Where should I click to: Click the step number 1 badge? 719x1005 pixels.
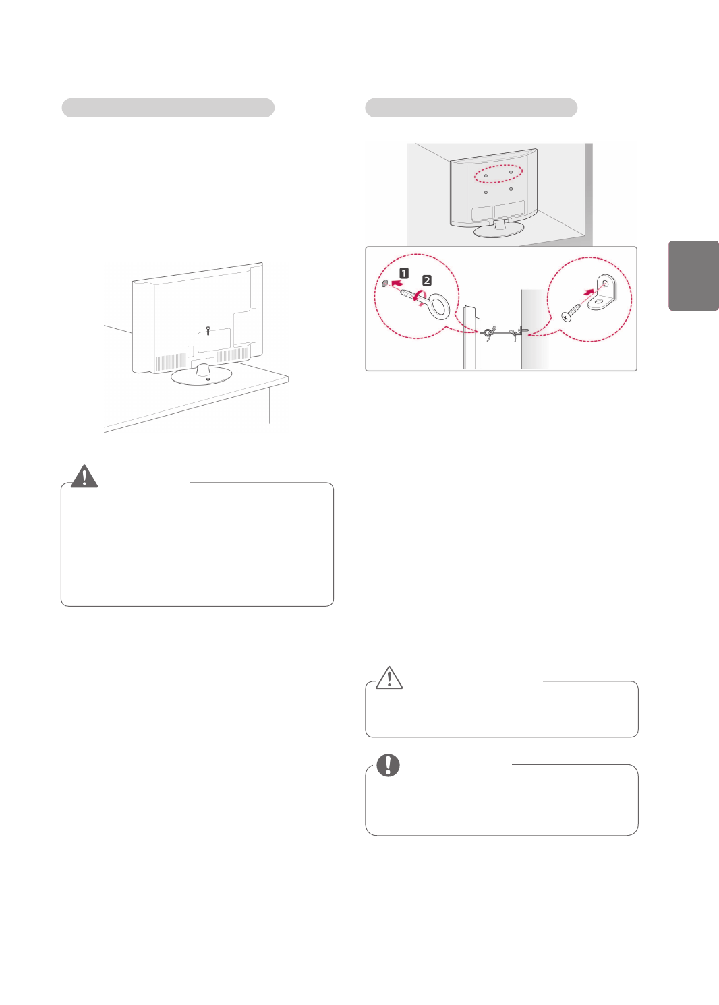404,273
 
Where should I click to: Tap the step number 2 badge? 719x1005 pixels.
426,280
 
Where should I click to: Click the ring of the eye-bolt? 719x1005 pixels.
439,306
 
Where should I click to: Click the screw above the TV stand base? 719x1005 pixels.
208,330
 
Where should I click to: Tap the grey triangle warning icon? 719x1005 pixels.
84,477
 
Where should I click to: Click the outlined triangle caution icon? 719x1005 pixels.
389,677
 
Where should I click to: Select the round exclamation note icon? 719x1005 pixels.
388,765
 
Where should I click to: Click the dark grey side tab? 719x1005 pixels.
693,275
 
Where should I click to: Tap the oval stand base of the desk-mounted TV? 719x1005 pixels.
201,375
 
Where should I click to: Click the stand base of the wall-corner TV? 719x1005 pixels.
498,230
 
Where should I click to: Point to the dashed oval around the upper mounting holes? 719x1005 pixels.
498,174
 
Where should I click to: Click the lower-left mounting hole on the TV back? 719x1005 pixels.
486,193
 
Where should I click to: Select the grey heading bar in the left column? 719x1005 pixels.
168,108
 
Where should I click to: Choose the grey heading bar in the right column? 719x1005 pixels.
471,108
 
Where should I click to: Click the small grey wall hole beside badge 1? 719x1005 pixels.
384,284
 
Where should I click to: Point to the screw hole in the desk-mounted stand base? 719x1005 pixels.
208,379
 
